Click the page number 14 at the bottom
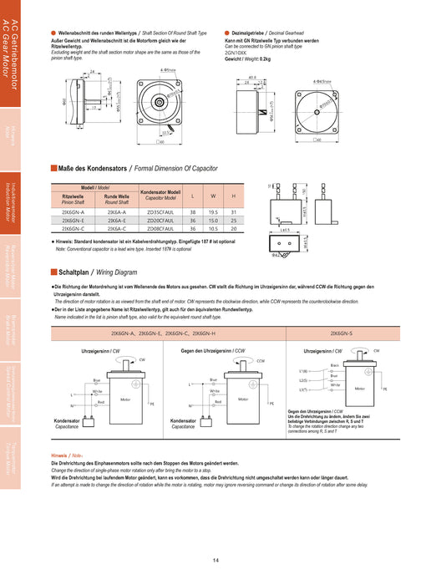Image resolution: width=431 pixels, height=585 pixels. click(x=215, y=561)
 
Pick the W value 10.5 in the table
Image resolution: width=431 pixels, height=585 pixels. click(x=213, y=228)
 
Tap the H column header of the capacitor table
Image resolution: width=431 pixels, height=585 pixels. click(x=233, y=196)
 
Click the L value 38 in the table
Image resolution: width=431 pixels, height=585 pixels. click(x=193, y=212)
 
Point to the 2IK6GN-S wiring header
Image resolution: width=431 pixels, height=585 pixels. click(x=342, y=332)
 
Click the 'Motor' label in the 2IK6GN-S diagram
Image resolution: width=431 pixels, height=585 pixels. click(x=359, y=389)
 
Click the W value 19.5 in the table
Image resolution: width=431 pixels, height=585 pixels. click(x=213, y=212)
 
